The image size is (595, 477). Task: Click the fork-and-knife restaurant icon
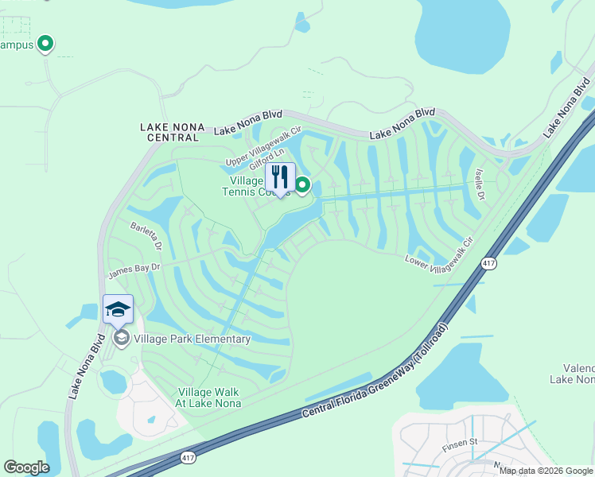click(x=279, y=176)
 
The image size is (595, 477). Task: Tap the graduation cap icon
click(x=118, y=309)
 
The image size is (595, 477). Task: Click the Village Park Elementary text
click(x=192, y=339)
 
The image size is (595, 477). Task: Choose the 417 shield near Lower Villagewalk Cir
click(x=488, y=263)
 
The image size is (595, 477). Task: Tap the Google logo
click(x=26, y=467)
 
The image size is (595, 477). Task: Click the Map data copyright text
click(x=546, y=471)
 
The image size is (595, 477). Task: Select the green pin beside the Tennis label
click(x=303, y=185)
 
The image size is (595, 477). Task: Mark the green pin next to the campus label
click(x=46, y=44)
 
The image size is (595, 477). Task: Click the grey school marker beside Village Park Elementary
click(x=121, y=339)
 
